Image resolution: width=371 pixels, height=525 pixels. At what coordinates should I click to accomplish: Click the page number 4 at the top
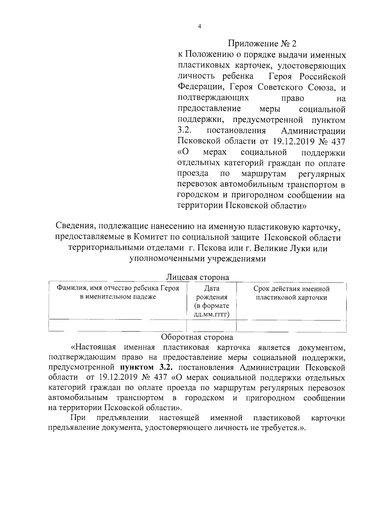[x=199, y=27]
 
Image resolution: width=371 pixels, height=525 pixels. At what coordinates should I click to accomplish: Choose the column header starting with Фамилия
[x=118, y=293]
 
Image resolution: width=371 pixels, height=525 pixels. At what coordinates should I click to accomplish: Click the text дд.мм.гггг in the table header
[x=212, y=315]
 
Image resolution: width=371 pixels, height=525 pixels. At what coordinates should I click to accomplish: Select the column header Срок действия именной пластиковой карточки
[x=291, y=293]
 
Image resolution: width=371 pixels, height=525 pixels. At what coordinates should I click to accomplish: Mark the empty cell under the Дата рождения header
[x=211, y=326]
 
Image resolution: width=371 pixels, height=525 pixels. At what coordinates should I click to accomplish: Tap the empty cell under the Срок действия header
[x=291, y=326]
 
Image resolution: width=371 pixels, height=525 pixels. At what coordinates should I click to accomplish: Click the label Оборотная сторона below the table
[x=197, y=337]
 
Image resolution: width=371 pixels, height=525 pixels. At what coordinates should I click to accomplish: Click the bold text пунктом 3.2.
[x=146, y=368]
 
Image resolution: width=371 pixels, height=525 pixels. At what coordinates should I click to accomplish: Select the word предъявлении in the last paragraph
[x=122, y=418]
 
